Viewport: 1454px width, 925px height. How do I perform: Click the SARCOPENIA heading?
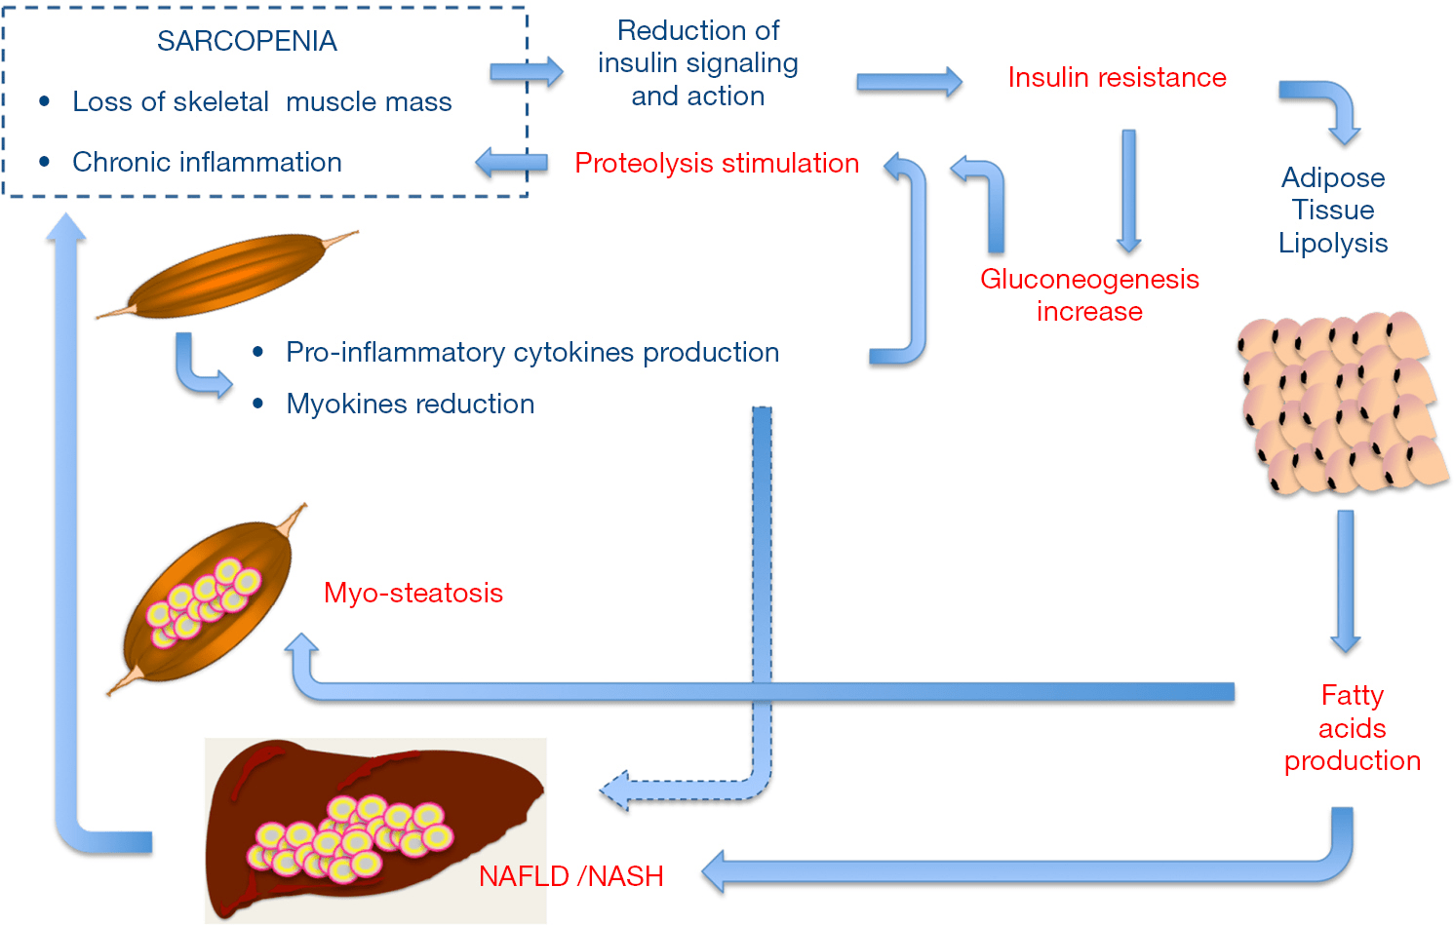click(247, 41)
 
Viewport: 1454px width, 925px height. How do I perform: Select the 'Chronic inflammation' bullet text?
click(207, 162)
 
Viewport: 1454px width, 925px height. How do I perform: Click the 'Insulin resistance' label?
click(1117, 77)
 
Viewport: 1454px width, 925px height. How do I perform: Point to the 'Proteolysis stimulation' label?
click(717, 163)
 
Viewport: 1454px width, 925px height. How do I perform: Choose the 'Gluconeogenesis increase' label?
click(1089, 294)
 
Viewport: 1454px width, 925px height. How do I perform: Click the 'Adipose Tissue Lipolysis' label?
click(1333, 210)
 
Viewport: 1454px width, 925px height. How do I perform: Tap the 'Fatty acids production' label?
click(1352, 727)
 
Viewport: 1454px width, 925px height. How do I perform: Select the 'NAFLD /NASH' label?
click(570, 876)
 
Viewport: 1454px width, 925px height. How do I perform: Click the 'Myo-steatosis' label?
click(413, 593)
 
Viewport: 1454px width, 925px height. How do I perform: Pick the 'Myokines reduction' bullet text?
click(410, 404)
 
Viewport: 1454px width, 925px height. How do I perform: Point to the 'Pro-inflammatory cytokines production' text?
click(532, 352)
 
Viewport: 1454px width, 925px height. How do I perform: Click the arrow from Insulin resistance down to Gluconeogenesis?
click(1129, 190)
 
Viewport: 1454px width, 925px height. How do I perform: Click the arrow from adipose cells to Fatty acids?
click(1346, 580)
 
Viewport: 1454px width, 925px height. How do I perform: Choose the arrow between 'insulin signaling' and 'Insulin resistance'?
click(909, 82)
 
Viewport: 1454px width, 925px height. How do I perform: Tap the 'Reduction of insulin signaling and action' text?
click(698, 63)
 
